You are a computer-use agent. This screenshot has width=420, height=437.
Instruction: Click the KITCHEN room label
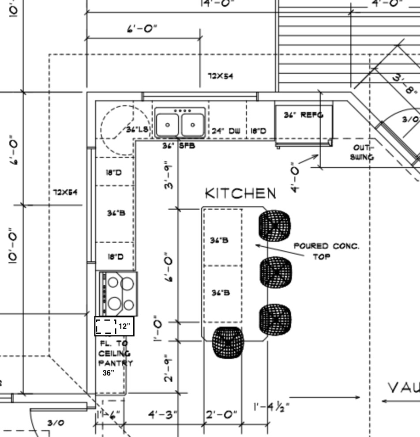point(241,193)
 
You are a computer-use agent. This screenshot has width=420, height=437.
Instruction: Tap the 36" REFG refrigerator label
point(304,115)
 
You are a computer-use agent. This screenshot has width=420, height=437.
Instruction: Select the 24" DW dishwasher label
point(226,131)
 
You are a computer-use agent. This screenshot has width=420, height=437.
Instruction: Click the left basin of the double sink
point(168,124)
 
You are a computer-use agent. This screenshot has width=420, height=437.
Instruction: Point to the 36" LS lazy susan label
point(137,130)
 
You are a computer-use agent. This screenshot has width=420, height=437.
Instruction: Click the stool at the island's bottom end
point(228,342)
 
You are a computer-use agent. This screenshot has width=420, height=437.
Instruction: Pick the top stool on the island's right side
point(274,226)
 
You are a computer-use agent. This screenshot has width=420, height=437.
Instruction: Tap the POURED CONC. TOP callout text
point(326,251)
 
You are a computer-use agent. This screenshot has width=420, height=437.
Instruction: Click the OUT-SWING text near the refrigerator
point(363,152)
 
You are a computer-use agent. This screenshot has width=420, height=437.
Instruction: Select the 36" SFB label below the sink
point(178,145)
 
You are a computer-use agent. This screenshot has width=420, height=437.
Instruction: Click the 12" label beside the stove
point(124,327)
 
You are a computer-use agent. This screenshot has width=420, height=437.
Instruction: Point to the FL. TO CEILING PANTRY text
point(115,353)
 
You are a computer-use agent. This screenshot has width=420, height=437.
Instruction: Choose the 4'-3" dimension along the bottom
point(162,414)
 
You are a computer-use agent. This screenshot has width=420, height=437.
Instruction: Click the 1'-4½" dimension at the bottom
point(272,407)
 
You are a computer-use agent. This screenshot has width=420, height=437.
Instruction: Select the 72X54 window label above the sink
point(221,76)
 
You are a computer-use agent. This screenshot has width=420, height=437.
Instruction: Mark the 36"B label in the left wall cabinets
point(116,213)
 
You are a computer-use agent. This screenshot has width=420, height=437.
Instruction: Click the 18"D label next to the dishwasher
point(258,131)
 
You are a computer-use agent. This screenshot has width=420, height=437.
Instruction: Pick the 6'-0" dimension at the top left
point(142,29)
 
